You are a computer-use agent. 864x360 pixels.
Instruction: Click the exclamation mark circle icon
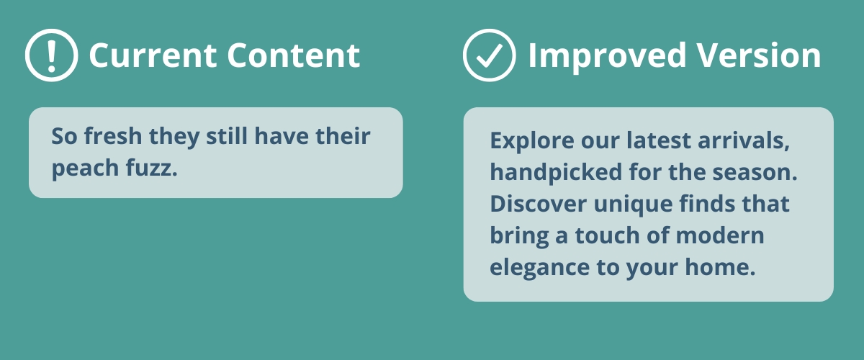(x=51, y=55)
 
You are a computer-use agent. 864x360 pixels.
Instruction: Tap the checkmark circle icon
(x=489, y=55)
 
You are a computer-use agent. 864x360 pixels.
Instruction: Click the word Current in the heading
(x=153, y=55)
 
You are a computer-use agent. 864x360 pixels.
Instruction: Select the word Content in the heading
(x=294, y=55)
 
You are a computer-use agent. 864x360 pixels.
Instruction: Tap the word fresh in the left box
(x=113, y=136)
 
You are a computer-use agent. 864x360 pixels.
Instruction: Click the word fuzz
(x=152, y=168)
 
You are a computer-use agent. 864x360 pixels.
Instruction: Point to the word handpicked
(x=556, y=173)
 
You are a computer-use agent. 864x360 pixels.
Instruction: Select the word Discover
(x=538, y=204)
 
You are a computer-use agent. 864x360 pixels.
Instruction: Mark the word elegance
(x=539, y=268)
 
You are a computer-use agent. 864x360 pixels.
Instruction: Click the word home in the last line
(x=720, y=267)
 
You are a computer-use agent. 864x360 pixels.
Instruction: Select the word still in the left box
(x=227, y=136)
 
